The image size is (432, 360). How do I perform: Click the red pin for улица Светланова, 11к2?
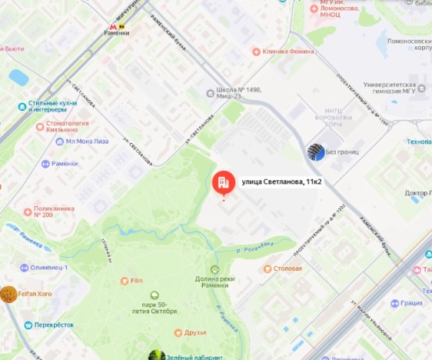point(222,182)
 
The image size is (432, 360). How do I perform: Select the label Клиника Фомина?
point(287,52)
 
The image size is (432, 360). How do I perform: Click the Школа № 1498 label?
point(238,92)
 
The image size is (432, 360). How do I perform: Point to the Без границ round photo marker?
point(315,152)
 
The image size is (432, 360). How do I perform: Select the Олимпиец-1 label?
point(49,267)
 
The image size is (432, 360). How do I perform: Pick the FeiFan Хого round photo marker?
point(8,294)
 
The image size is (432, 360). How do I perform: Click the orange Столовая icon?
point(268,269)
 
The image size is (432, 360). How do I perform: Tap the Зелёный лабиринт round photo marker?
point(156,355)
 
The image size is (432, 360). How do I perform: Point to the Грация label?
point(410,302)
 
